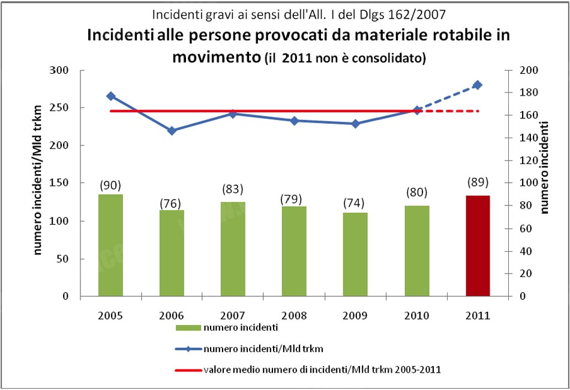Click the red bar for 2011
tap(478, 246)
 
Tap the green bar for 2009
tap(355, 254)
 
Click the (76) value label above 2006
tap(172, 203)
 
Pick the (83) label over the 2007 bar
tap(233, 189)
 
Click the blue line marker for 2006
tap(172, 130)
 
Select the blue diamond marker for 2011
tap(478, 85)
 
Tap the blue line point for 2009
tap(355, 124)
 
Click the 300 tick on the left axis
tap(77, 70)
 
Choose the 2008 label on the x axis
tap(294, 315)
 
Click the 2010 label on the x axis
tap(416, 315)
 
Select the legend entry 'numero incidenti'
tap(231, 328)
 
